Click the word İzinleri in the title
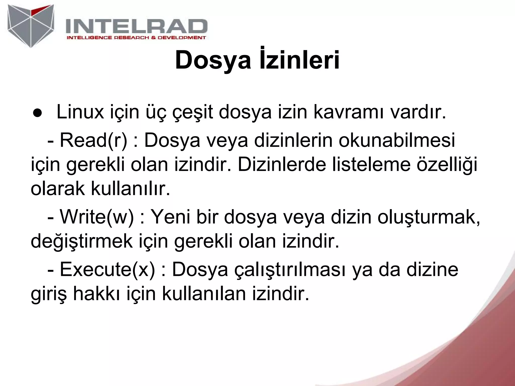299,60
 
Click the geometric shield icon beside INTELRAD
31,25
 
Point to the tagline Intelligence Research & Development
136,38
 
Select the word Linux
80,112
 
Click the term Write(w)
97,217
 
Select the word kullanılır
130,189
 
